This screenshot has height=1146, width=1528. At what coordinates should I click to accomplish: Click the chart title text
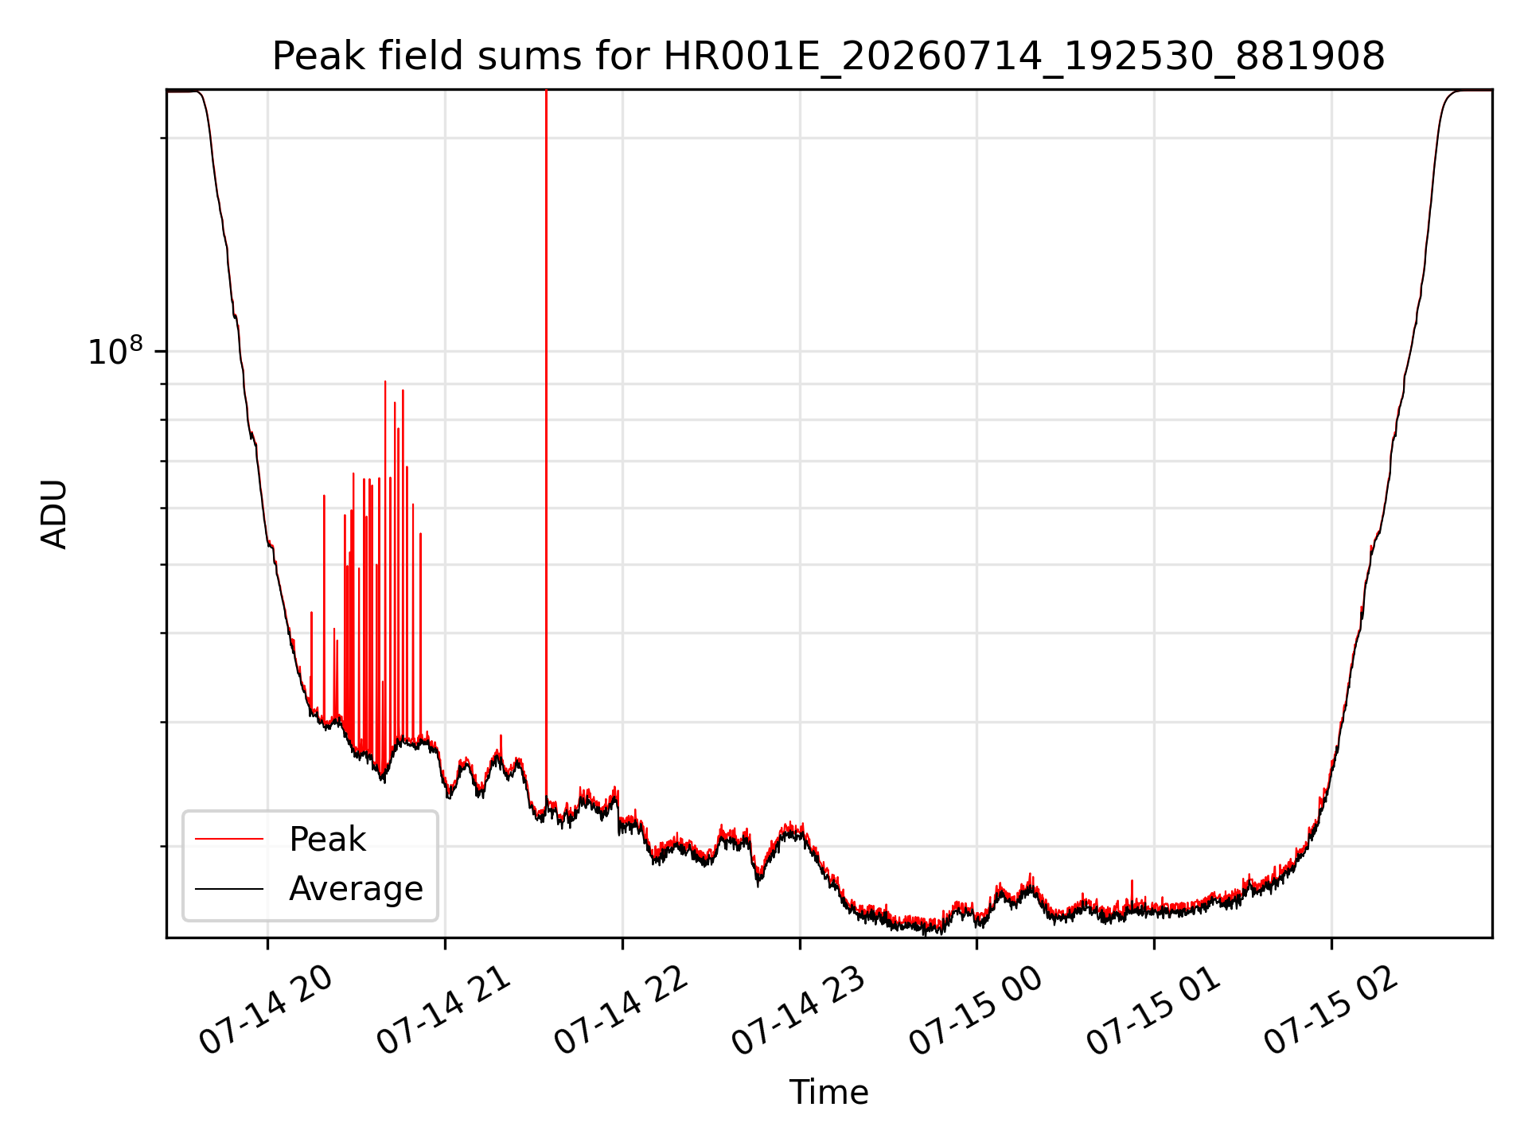point(828,57)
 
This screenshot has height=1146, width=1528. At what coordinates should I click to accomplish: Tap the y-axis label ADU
point(54,514)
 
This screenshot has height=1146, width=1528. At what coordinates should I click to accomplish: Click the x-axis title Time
point(828,1092)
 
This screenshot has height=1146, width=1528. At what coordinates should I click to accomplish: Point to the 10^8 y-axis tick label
point(115,351)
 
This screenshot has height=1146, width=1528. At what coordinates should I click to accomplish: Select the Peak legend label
point(327,840)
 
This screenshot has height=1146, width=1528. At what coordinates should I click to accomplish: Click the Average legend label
point(356,889)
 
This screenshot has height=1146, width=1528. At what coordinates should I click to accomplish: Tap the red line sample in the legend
point(229,839)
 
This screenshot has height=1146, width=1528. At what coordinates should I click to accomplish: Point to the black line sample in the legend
point(229,888)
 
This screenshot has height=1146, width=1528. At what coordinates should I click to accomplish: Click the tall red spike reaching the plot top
point(546,446)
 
